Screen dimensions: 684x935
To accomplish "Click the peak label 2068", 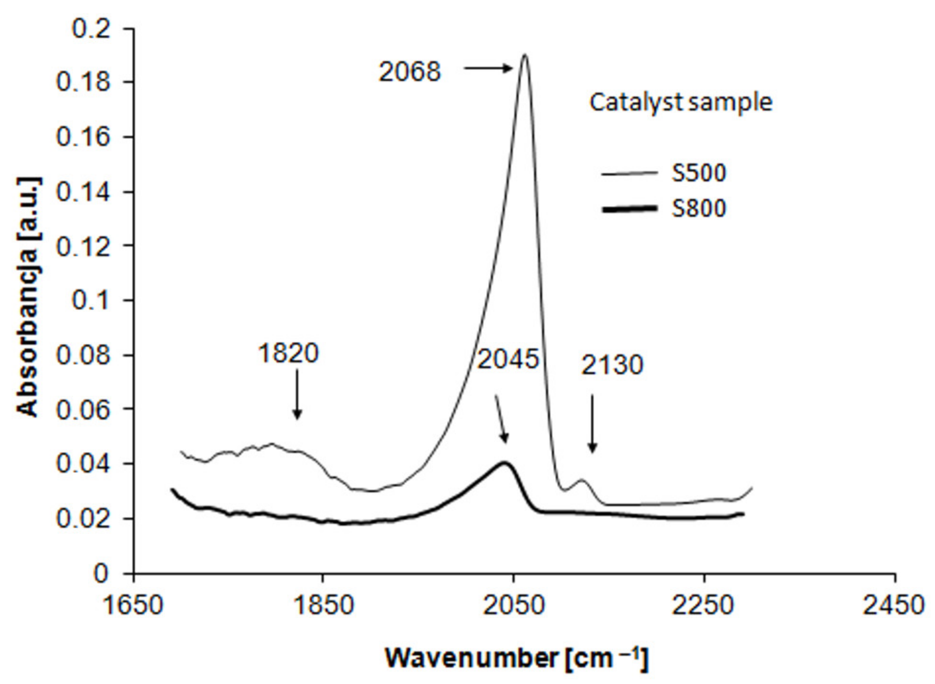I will [x=410, y=72].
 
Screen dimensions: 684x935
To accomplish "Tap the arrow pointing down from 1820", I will [x=297, y=394].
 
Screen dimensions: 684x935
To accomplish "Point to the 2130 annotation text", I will [x=612, y=365].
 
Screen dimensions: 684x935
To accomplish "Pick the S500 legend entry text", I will [x=699, y=173].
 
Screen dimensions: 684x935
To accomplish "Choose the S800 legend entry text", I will [x=699, y=208].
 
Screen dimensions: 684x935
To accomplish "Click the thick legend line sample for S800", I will [x=629, y=209].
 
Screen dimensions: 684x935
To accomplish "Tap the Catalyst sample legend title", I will [x=681, y=102].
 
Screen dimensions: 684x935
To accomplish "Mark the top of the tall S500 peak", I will [x=525, y=55].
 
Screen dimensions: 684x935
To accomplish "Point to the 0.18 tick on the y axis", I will [x=83, y=82].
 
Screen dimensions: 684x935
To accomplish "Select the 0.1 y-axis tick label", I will [x=91, y=300].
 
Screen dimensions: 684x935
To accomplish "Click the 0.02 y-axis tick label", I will [x=83, y=519].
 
